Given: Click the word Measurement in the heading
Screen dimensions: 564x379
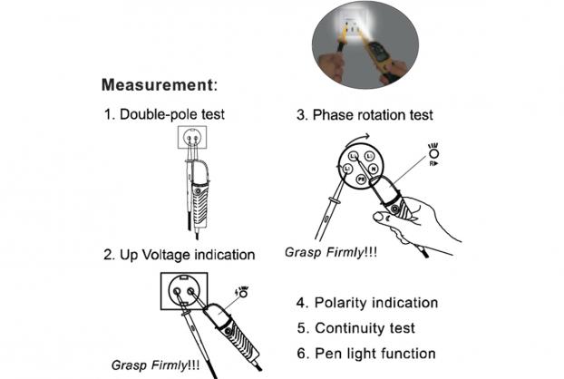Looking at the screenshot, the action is (158, 85).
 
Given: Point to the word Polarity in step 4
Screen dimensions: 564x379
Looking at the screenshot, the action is (341, 303).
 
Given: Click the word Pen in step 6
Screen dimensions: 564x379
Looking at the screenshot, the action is (326, 354).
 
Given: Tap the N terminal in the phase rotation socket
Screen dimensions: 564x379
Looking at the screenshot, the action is (374, 169).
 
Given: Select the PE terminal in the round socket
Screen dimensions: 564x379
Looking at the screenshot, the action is (361, 179).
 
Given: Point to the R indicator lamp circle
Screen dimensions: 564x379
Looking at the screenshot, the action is (434, 154).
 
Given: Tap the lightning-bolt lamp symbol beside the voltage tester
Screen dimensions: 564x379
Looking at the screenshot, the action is (242, 292).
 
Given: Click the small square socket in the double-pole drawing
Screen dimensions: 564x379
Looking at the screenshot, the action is (192, 137).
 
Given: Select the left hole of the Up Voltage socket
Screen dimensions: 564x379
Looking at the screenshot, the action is (178, 291).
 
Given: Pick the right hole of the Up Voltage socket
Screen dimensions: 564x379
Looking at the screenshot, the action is (190, 290).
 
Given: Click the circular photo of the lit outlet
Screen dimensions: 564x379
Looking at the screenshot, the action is (365, 45).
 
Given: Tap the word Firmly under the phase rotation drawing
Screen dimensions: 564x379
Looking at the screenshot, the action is (345, 252).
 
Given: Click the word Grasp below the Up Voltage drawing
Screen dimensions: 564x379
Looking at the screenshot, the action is (130, 365).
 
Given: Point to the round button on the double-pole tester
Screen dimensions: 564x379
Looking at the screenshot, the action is (198, 191).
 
